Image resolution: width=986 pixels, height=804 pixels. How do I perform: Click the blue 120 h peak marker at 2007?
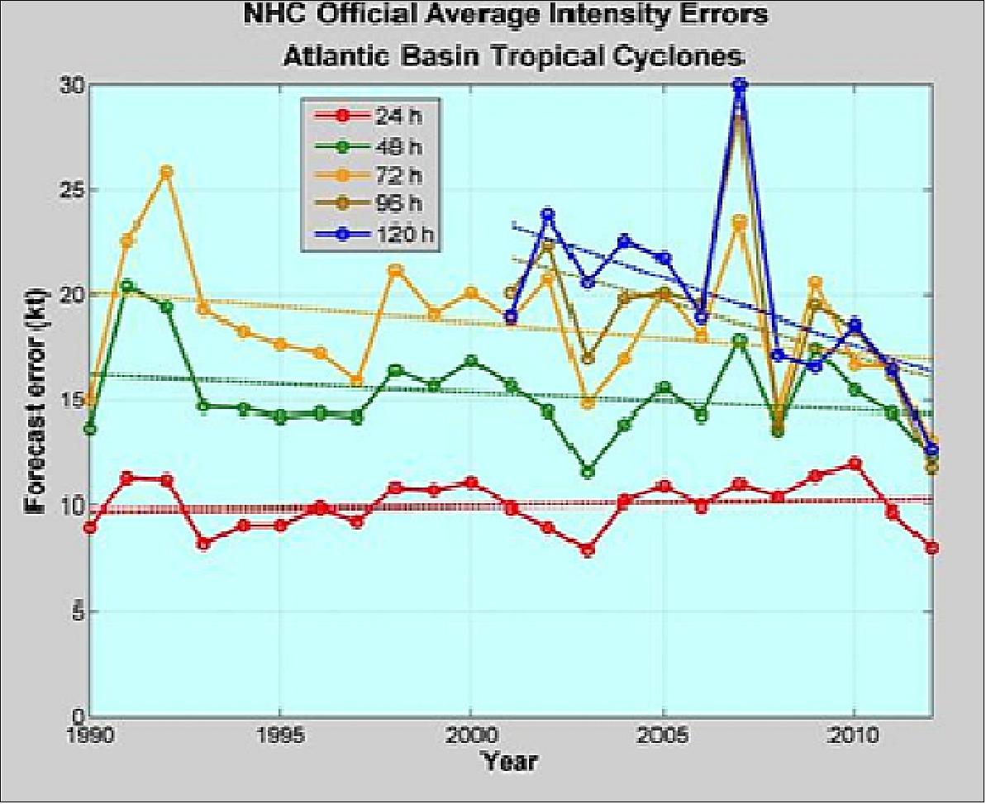(x=740, y=84)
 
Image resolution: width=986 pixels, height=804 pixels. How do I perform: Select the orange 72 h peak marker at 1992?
(x=166, y=172)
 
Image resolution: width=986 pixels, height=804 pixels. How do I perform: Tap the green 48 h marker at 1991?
(x=127, y=287)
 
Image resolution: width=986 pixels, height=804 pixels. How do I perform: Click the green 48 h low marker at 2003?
(x=587, y=472)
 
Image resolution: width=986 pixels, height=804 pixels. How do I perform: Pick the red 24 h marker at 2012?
(x=931, y=548)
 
